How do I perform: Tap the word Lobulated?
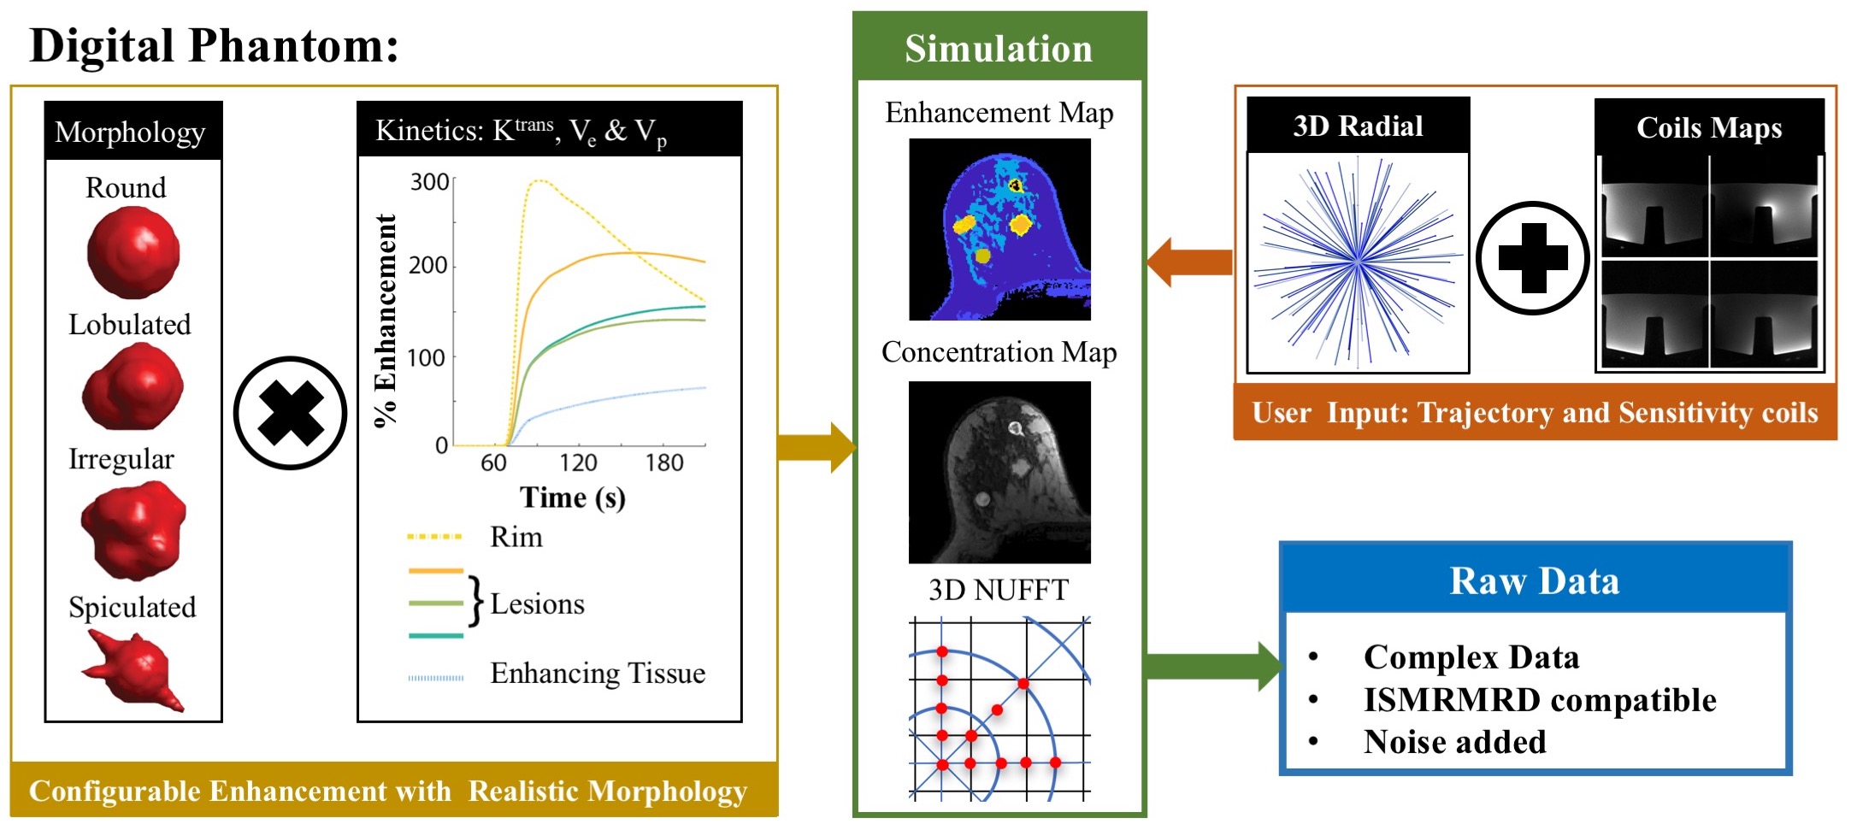point(130,325)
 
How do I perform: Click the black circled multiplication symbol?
point(290,413)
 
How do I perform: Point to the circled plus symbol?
point(1532,258)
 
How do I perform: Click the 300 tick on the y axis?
point(429,182)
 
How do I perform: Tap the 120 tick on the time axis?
point(578,462)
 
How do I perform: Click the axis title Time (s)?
point(573,497)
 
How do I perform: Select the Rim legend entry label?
point(516,537)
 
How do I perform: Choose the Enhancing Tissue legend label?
point(598,674)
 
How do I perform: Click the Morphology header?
point(130,132)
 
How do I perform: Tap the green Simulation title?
point(999,49)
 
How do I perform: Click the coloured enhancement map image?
point(999,229)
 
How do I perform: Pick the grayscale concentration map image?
point(999,472)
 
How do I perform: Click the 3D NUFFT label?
point(999,590)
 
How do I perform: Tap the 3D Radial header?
point(1358,127)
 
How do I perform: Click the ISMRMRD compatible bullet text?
point(1539,700)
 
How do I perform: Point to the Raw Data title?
point(1534,581)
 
